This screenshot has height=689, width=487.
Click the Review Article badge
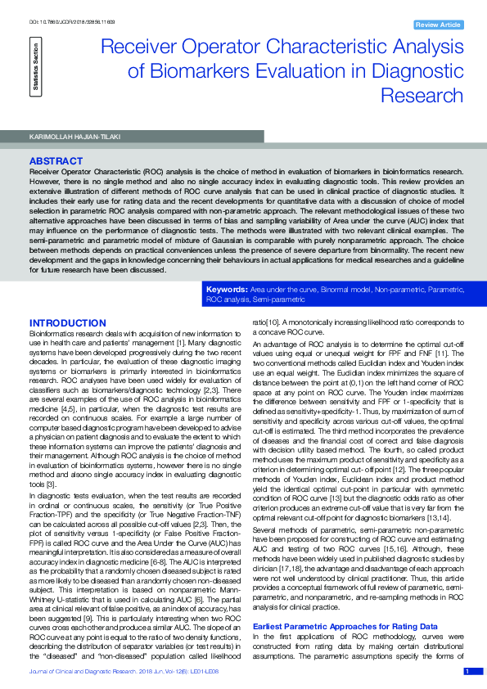(439, 25)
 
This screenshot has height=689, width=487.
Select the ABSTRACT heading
(55, 161)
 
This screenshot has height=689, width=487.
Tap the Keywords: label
(227, 290)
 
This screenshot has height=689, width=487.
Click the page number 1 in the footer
(467, 671)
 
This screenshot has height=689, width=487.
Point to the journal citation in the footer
(124, 672)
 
